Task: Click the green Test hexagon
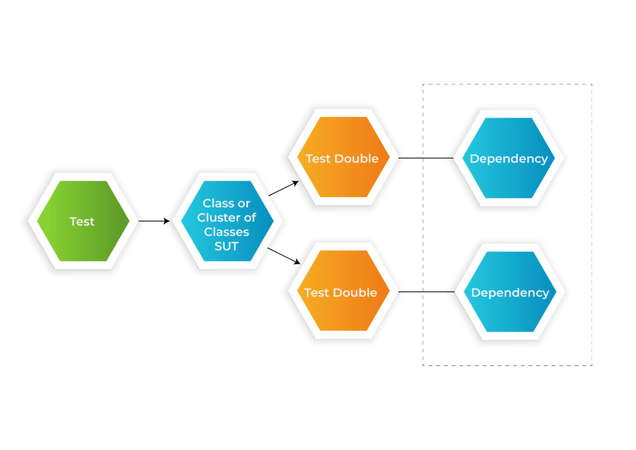[x=83, y=221]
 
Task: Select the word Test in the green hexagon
[x=82, y=221]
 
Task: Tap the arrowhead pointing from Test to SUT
[x=166, y=221]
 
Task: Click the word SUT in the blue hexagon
[x=226, y=246]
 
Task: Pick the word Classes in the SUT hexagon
[x=226, y=232]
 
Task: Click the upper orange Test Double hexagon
[x=343, y=157]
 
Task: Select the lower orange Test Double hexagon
[x=343, y=290]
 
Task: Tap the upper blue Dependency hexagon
[x=509, y=158]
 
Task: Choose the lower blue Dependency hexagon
[x=510, y=292]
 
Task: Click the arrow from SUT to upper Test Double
[x=283, y=189]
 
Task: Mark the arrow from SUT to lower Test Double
[x=284, y=255]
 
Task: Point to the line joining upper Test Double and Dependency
[x=426, y=158]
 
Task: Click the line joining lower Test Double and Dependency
[x=426, y=292]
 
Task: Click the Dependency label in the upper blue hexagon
[x=509, y=159]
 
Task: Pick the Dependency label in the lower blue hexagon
[x=511, y=293]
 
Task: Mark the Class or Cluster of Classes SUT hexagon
[x=227, y=221]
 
